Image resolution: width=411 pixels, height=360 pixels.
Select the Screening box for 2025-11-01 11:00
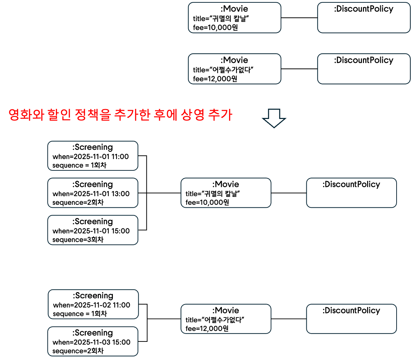click(93, 156)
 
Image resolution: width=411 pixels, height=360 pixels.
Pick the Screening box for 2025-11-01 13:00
click(93, 193)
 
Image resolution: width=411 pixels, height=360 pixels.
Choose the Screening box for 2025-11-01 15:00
click(93, 230)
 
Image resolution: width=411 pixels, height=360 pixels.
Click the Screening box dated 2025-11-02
click(93, 304)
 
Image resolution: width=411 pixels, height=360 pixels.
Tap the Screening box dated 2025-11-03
click(93, 341)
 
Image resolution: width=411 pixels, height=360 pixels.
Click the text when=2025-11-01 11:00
click(91, 157)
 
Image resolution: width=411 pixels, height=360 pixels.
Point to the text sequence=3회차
click(78, 240)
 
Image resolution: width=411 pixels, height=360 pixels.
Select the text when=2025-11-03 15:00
click(91, 342)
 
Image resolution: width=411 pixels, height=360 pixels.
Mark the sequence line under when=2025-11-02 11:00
click(80, 314)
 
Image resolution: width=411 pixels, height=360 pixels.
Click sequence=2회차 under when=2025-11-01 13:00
click(78, 202)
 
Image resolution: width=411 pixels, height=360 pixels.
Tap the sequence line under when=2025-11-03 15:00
click(78, 351)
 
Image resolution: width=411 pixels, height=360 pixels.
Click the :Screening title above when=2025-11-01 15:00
click(93, 221)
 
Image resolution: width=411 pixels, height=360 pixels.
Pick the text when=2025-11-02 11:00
click(92, 305)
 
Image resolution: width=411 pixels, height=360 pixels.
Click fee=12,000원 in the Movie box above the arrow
click(215, 79)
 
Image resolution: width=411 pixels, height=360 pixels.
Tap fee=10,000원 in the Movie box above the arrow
click(215, 27)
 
